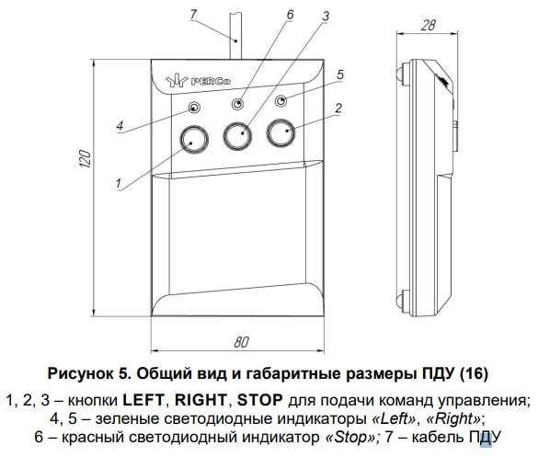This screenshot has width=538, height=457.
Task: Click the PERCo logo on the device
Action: coord(199,81)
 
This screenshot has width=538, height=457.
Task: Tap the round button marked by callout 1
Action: coord(194,140)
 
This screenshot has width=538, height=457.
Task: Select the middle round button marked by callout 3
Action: coord(238,136)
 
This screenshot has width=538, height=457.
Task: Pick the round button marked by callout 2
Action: coord(281,132)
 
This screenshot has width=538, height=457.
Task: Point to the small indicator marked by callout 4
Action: coord(194,108)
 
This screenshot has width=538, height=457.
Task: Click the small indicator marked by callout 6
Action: coord(238,104)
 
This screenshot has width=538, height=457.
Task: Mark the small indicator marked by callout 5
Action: coord(281,100)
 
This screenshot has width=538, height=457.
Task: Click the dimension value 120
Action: coord(86,158)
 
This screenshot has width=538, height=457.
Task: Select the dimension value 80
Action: coord(242,342)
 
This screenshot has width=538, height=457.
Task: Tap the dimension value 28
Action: coord(429,26)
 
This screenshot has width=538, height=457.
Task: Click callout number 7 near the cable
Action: coord(193,15)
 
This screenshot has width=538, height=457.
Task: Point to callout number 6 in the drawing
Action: coord(290,15)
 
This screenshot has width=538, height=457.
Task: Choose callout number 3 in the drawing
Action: coord(326,16)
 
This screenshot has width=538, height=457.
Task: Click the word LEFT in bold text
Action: coord(143,400)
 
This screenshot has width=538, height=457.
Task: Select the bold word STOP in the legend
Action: coord(260,400)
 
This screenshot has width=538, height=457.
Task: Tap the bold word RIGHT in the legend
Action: coord(200,400)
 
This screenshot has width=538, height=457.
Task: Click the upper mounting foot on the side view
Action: coord(401,73)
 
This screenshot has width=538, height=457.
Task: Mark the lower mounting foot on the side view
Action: coord(401,298)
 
